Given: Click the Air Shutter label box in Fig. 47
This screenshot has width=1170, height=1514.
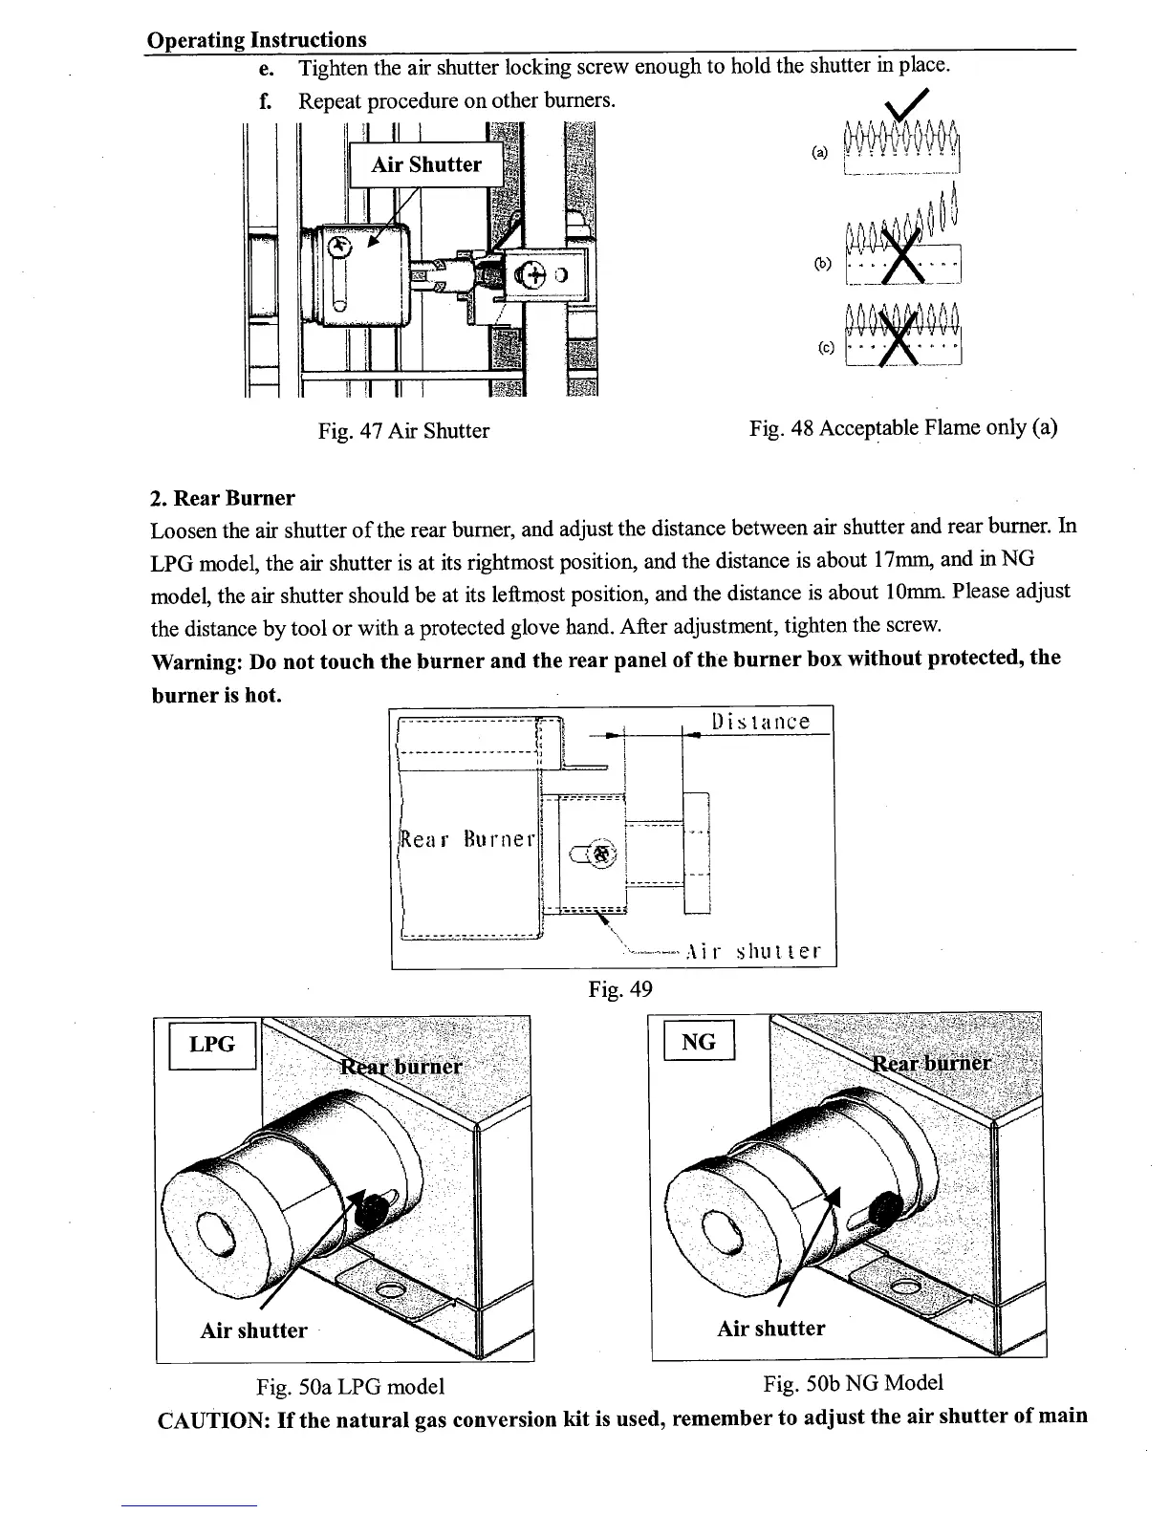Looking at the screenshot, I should [x=426, y=164].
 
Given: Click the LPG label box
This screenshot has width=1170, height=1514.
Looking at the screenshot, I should [x=212, y=1045].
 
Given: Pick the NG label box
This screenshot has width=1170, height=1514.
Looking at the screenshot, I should [x=699, y=1042].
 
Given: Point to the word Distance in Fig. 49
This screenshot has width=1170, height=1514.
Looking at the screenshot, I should [x=761, y=722].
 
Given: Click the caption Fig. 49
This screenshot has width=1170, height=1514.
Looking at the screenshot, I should [x=620, y=989].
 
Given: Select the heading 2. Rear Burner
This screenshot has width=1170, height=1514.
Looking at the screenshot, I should [x=223, y=498].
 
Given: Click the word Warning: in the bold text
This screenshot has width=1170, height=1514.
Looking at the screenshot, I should [x=203, y=660].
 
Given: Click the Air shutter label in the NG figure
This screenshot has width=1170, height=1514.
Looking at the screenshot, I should [x=770, y=1329].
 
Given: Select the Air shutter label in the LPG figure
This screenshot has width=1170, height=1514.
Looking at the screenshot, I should [x=253, y=1330].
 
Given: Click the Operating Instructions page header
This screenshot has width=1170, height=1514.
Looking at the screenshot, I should [x=256, y=39].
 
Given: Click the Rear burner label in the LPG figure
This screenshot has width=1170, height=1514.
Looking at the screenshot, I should [x=401, y=1066].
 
